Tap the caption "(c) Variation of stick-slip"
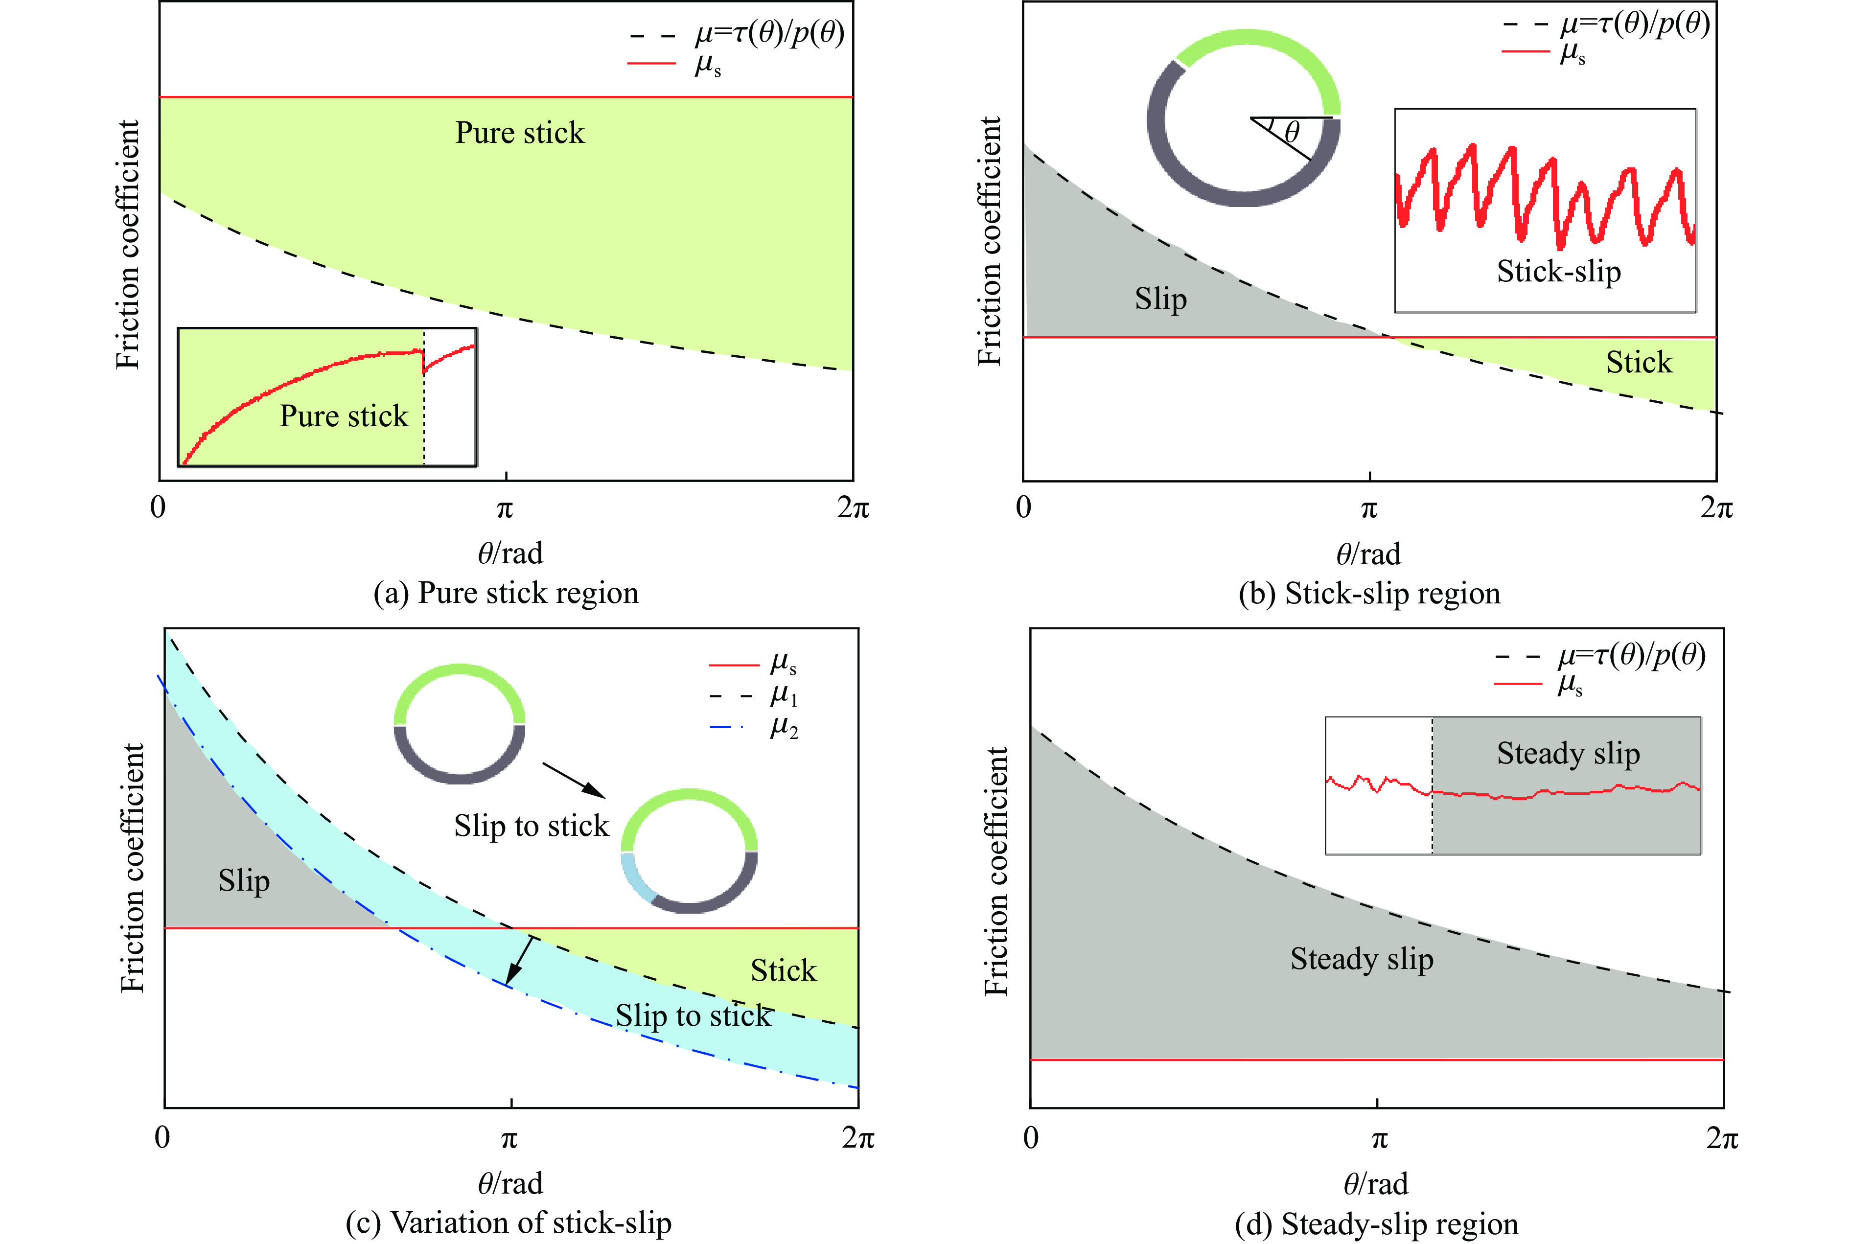click(509, 1222)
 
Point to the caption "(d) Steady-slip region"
click(1376, 1224)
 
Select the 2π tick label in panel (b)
click(1716, 508)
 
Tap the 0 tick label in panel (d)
click(1031, 1138)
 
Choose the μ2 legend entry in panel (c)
click(783, 727)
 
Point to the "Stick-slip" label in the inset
click(1558, 271)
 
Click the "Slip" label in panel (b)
click(1160, 299)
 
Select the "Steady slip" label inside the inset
click(1568, 753)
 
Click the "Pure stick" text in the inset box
click(344, 415)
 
